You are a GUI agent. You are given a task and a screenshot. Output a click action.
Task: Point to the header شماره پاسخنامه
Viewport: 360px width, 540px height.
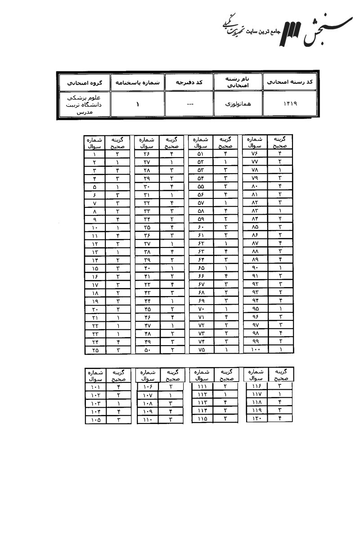pyautogui.click(x=138, y=82)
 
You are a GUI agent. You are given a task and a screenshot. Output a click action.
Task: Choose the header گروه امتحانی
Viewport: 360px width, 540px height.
pyautogui.click(x=85, y=82)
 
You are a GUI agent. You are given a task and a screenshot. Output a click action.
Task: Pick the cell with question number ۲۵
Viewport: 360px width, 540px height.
pyautogui.click(x=95, y=349)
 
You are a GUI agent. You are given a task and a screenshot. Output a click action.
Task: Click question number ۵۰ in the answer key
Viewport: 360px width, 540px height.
pyautogui.click(x=147, y=349)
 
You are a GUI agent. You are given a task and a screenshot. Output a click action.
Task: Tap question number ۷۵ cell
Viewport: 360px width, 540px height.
pyautogui.click(x=201, y=349)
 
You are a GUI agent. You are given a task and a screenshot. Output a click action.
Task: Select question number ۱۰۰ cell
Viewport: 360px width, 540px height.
pyautogui.click(x=255, y=349)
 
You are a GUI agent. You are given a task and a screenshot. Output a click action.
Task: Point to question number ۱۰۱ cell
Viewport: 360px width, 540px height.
pyautogui.click(x=95, y=387)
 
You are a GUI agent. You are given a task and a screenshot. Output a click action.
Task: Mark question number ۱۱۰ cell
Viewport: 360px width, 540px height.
pyautogui.click(x=148, y=419)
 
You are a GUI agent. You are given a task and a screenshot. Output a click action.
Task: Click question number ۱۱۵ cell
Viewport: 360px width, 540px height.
pyautogui.click(x=202, y=419)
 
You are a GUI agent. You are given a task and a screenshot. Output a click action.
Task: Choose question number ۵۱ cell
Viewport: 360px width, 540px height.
pyautogui.click(x=201, y=153)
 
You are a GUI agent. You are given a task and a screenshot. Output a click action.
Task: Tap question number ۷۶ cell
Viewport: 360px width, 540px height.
pyautogui.click(x=255, y=153)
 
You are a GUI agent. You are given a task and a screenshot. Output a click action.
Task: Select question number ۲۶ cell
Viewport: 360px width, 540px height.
pyautogui.click(x=147, y=153)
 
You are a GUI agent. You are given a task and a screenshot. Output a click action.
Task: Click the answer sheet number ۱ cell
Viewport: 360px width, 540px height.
pyautogui.click(x=138, y=103)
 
